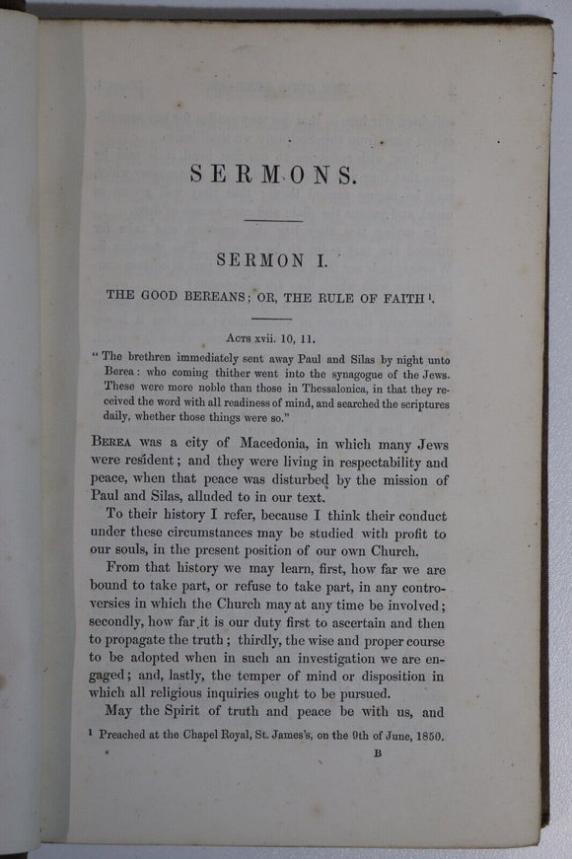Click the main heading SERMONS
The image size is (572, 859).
point(271,175)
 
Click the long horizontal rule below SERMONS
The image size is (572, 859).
point(272,220)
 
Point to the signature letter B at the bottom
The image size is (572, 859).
point(377,754)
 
